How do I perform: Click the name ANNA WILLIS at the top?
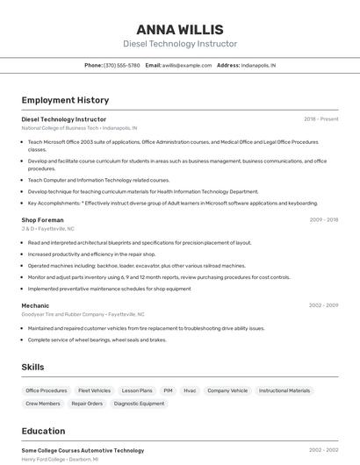tap(180, 30)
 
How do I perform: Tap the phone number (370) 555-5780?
tap(121, 65)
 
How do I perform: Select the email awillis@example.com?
tap(187, 65)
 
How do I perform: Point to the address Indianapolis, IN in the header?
tap(258, 65)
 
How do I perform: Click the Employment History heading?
tap(65, 100)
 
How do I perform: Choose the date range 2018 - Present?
tap(320, 119)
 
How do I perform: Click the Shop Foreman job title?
tap(42, 220)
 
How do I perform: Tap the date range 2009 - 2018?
tap(323, 220)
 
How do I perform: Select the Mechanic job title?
tap(35, 305)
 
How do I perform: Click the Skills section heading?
tap(32, 367)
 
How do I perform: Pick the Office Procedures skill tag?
tap(47, 390)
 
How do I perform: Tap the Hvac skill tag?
tap(190, 390)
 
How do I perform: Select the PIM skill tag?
tap(168, 390)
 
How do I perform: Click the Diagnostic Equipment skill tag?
tap(139, 404)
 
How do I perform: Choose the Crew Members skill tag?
tap(43, 404)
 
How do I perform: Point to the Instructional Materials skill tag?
tap(284, 390)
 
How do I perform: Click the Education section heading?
tap(43, 431)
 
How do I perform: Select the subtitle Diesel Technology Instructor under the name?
tap(180, 44)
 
